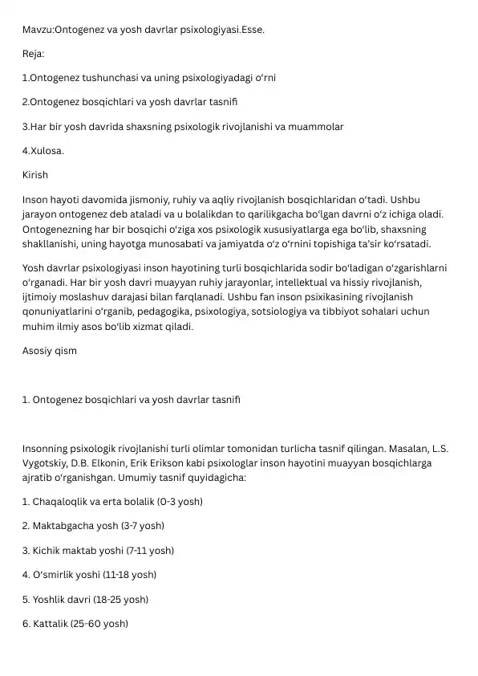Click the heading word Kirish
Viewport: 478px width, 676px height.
pyautogui.click(x=35, y=174)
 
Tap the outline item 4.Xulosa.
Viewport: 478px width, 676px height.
pyautogui.click(x=43, y=150)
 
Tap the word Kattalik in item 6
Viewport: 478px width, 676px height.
pyautogui.click(x=51, y=623)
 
